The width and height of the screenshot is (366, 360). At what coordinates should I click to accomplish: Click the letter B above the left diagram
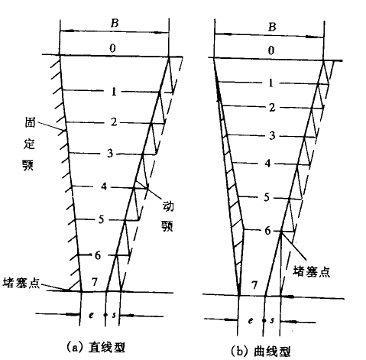tap(115, 23)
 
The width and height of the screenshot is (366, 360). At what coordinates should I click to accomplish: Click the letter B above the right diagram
tap(272, 27)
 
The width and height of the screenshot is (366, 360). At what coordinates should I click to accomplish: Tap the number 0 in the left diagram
tap(112, 48)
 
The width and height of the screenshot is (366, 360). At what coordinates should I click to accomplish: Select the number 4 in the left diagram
tap(104, 186)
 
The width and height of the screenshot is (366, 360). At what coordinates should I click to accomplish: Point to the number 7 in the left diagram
tap(95, 282)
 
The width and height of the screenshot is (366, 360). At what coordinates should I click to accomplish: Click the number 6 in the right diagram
tap(267, 231)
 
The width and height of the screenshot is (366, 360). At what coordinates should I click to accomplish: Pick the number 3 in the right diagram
tap(272, 135)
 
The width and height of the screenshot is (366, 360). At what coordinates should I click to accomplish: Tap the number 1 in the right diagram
tap(271, 83)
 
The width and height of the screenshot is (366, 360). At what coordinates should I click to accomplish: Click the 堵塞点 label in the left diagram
tap(21, 283)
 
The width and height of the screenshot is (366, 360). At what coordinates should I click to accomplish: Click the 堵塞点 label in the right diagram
tap(311, 271)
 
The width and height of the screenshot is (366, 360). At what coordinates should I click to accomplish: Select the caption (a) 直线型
tap(96, 347)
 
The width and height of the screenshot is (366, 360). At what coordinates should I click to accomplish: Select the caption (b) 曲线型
tap(261, 351)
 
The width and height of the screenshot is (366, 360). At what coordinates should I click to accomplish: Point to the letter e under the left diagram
tap(91, 315)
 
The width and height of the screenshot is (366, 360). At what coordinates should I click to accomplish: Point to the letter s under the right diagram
tap(272, 320)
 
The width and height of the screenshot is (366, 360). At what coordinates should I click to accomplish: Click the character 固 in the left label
tap(30, 123)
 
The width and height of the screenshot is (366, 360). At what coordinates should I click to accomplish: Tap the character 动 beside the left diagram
tap(168, 206)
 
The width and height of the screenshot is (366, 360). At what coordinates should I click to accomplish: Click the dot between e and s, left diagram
tap(105, 315)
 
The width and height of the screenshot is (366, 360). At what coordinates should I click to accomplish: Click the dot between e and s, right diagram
tap(264, 320)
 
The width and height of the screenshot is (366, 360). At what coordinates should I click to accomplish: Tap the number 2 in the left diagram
tap(114, 122)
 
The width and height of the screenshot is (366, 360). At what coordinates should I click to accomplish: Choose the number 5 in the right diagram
tap(267, 197)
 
